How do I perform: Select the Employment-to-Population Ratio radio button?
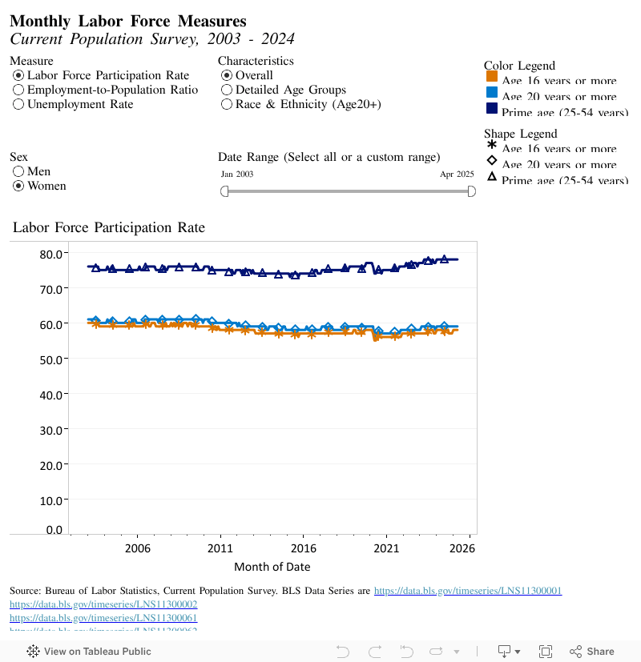point(18,90)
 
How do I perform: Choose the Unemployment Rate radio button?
point(18,104)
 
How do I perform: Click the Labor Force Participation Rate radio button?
point(18,75)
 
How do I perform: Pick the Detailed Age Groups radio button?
point(227,90)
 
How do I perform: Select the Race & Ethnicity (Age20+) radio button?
point(227,104)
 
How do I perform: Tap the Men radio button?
point(18,171)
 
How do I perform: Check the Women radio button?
point(18,186)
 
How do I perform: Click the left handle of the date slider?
point(224,191)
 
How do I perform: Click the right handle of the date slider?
point(472,191)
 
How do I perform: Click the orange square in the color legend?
point(492,77)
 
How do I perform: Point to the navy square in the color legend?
point(492,108)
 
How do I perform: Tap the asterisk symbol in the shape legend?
point(492,145)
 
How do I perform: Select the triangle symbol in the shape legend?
point(492,177)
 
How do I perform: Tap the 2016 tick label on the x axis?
point(303,548)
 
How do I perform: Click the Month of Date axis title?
point(272,567)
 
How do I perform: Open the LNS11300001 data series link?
point(468,591)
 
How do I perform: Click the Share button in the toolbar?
point(592,652)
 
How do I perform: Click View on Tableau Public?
point(89,652)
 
